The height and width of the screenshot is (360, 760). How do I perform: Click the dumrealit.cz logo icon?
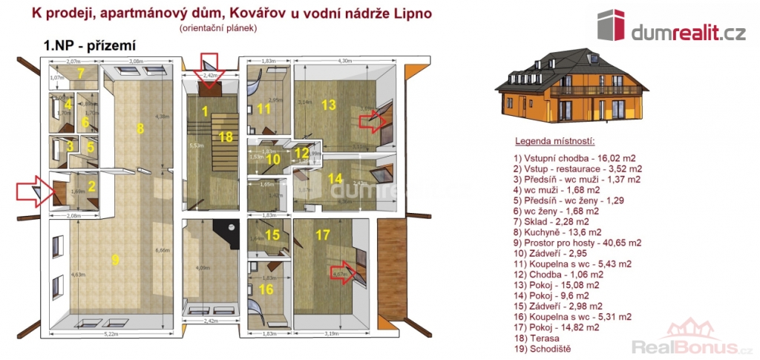611,26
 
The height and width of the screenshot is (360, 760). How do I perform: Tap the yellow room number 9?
115,259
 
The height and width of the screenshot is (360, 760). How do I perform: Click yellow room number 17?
322,235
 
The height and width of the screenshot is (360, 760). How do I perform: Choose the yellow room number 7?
82,73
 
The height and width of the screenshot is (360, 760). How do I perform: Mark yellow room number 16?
265,289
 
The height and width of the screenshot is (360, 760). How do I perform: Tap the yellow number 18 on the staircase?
226,136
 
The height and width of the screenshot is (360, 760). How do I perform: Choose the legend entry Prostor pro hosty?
577,242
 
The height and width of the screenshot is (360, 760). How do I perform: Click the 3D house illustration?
570,85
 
